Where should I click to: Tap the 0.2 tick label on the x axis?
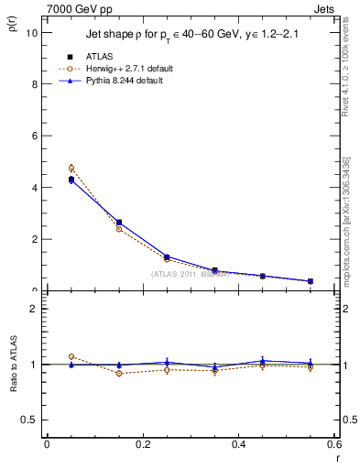coord(142,444)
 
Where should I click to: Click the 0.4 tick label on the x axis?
coord(238,444)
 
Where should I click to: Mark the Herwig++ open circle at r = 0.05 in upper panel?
coord(46,169)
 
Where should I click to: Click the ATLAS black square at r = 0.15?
coord(119,223)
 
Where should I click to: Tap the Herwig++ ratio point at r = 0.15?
coord(119,373)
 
